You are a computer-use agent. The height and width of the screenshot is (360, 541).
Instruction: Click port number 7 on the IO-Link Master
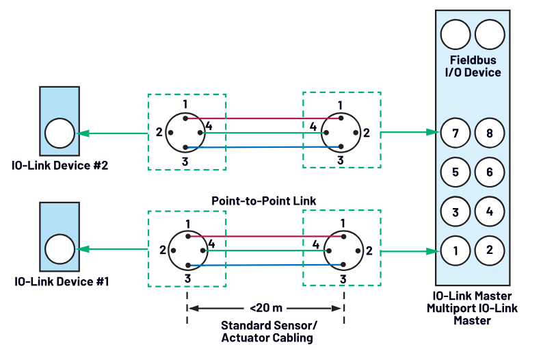(x=456, y=133)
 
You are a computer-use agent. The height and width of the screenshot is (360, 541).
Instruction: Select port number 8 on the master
(x=490, y=133)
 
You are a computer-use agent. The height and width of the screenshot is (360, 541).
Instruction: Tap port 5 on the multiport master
(x=456, y=172)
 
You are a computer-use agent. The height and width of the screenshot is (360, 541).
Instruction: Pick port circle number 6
(x=490, y=172)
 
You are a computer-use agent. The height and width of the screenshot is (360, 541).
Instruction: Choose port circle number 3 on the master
(x=456, y=211)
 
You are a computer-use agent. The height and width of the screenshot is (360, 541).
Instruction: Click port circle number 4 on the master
(x=490, y=211)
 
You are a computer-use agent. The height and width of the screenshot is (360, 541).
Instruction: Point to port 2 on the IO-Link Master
(x=490, y=250)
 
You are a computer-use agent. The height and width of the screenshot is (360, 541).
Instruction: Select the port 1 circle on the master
(x=456, y=250)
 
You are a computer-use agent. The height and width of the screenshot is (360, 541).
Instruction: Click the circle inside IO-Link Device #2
(x=60, y=133)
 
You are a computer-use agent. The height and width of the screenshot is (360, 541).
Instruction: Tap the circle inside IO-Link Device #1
(x=60, y=249)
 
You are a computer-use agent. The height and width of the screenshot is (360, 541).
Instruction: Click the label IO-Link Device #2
(x=60, y=165)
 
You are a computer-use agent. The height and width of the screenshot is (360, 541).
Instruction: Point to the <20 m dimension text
(x=265, y=308)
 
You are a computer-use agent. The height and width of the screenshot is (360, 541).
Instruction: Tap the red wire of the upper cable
(x=263, y=118)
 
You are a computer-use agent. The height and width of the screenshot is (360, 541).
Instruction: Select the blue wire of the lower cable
(x=263, y=265)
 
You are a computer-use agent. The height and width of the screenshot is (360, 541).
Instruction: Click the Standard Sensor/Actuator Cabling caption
(x=265, y=332)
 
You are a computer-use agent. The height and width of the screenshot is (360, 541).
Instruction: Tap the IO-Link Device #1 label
(x=60, y=281)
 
